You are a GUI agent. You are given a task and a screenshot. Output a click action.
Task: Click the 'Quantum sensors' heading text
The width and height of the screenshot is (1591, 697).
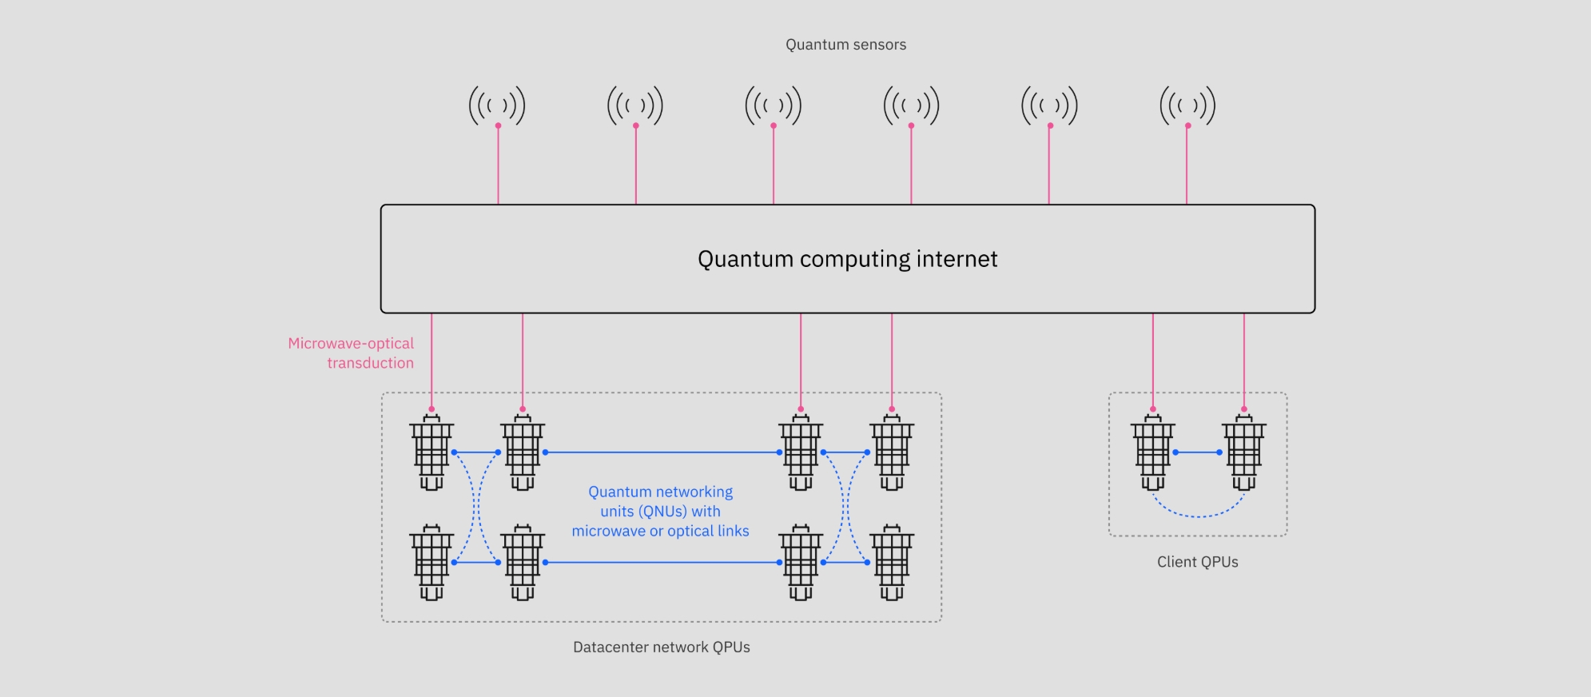point(845,45)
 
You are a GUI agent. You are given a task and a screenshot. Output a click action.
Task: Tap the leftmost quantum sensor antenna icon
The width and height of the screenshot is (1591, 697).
point(497,106)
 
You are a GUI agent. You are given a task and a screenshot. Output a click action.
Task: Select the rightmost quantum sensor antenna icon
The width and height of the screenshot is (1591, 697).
point(1187,106)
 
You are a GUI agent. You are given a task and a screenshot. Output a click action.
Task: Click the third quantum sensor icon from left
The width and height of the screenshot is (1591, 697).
point(773,106)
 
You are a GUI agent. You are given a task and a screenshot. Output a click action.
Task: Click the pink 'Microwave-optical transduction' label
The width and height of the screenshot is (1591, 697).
point(352,352)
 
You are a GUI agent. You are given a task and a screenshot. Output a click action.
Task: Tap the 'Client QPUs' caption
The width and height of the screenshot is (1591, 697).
point(1197,562)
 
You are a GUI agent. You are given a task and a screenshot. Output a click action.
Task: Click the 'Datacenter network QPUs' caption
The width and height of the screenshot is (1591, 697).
point(661,647)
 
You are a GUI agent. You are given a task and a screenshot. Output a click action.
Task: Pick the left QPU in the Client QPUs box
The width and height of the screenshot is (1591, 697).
point(1152,452)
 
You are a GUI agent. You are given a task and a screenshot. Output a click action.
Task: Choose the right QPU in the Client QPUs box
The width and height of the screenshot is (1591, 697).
point(1243,452)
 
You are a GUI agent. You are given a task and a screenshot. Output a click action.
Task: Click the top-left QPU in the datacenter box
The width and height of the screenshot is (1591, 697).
point(432,452)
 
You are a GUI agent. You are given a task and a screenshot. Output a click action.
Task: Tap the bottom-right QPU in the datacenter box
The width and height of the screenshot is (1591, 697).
point(892,563)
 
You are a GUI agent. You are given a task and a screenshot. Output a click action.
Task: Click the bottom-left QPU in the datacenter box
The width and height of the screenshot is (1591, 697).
point(432,563)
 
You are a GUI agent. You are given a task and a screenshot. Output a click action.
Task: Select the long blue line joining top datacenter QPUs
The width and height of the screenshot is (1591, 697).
point(662,452)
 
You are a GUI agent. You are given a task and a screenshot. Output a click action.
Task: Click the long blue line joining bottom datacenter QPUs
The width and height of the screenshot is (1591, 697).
point(662,563)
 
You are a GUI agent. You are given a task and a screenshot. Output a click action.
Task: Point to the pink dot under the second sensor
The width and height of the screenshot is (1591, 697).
point(636,125)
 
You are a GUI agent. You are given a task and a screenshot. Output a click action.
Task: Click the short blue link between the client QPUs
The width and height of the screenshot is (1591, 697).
point(1197,452)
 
